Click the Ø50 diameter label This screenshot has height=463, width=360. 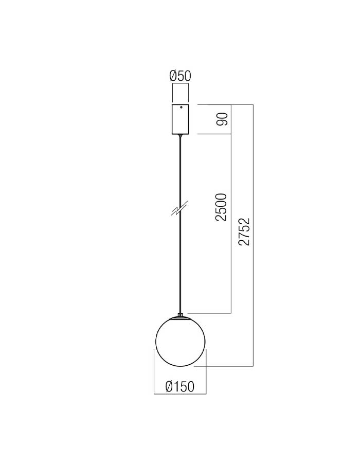click(x=181, y=76)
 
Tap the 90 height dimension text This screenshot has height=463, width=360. click(x=222, y=119)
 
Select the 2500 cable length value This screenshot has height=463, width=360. click(x=221, y=207)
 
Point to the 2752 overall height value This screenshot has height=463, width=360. click(x=244, y=232)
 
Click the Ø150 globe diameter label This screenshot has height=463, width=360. click(x=180, y=386)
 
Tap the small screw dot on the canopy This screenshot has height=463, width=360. click(x=182, y=107)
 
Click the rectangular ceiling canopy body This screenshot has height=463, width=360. click(x=181, y=119)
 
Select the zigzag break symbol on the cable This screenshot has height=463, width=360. click(x=179, y=208)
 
